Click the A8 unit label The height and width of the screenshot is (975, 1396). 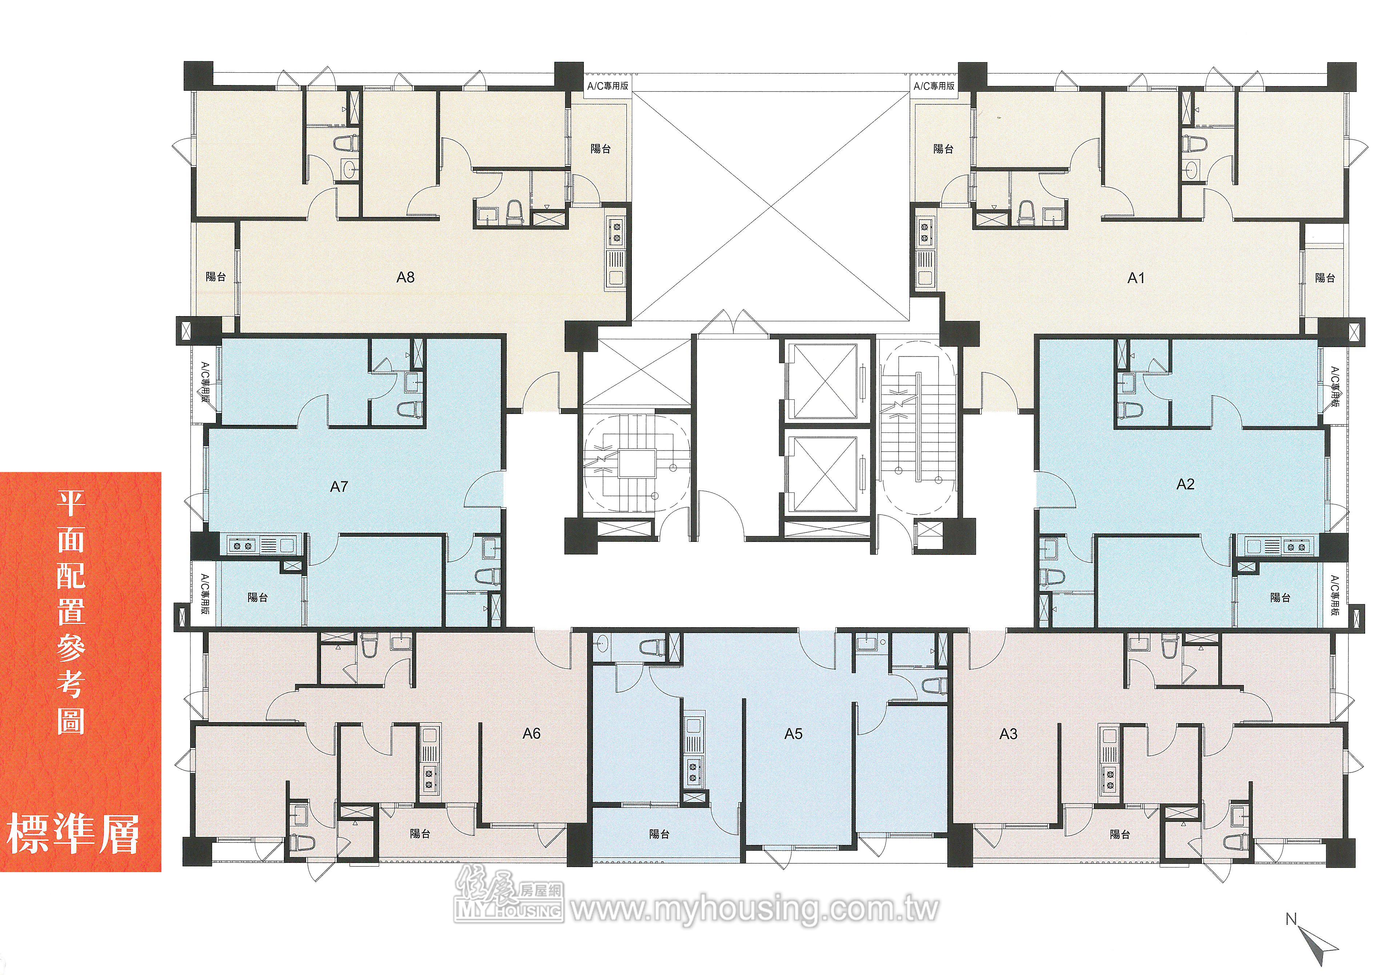[406, 277]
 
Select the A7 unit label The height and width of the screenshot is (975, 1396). [339, 486]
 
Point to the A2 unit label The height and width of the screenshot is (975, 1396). [1186, 484]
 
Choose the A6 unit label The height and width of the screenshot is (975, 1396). [531, 734]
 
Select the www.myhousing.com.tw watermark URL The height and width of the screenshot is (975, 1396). [755, 910]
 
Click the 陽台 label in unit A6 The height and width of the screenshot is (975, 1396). [420, 833]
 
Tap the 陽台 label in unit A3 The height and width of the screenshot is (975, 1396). [1120, 834]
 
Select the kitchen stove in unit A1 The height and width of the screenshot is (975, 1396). [926, 232]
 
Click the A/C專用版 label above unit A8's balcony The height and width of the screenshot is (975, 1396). [607, 86]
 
